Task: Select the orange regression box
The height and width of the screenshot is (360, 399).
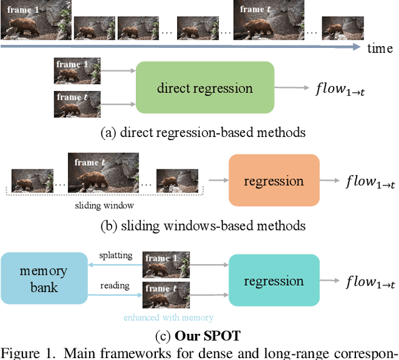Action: pos(274,181)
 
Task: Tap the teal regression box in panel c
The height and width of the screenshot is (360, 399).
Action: pos(274,281)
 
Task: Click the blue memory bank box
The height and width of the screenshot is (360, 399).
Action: pos(44,279)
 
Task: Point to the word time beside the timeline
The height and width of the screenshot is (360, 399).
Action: pos(380,48)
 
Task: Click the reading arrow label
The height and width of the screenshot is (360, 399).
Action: pos(115,285)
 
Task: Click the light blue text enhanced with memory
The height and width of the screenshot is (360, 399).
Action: pos(168,318)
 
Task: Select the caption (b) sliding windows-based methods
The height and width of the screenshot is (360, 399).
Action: pos(204,225)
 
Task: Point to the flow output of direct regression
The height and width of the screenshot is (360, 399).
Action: pos(339,88)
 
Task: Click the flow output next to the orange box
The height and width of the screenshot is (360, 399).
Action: pos(370,181)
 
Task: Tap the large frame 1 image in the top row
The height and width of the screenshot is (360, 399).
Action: pos(36,20)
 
